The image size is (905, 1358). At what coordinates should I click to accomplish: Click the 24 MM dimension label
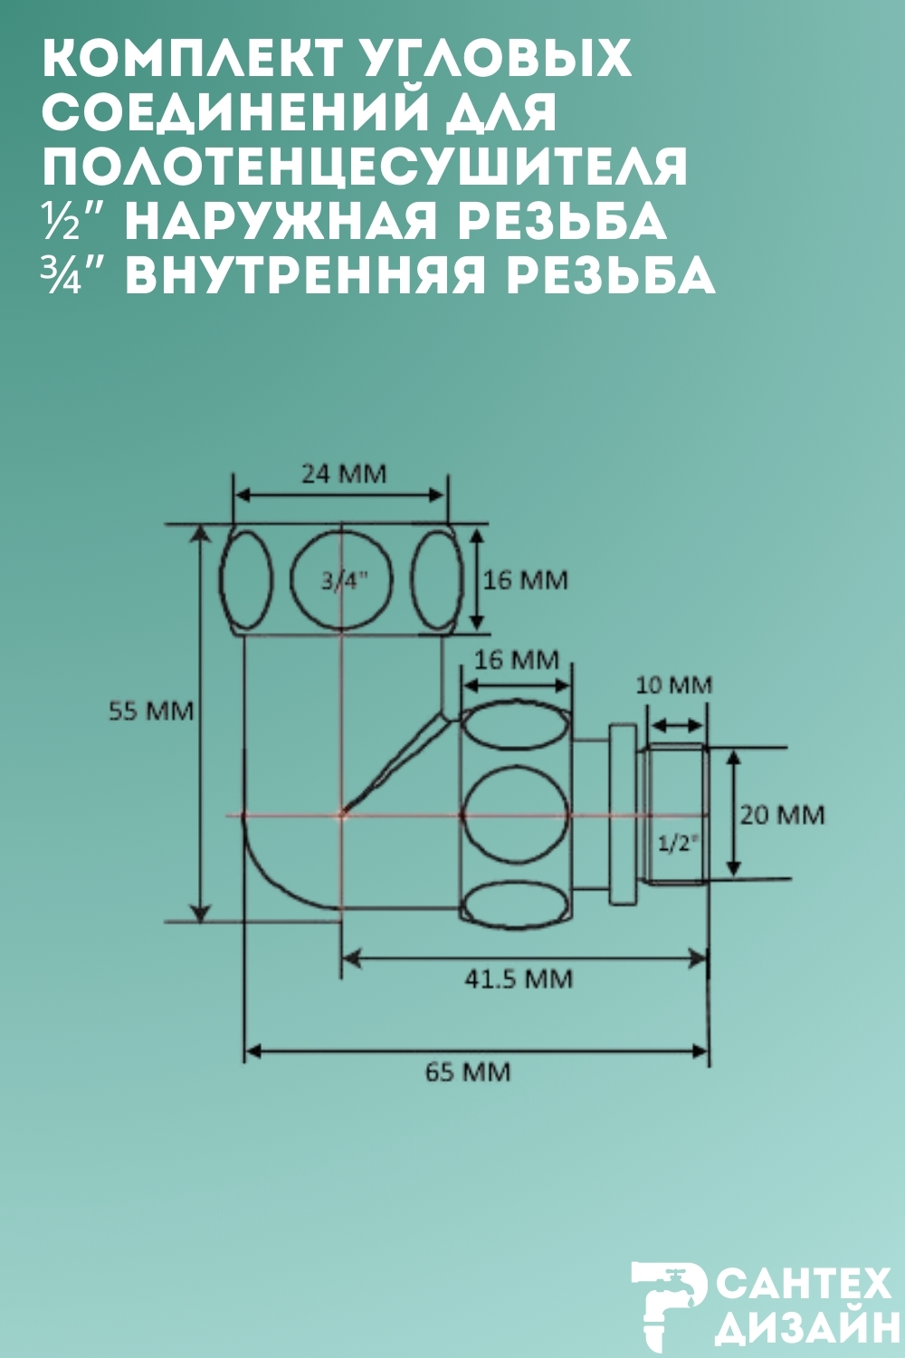343,473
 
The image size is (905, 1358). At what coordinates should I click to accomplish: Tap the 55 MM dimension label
151,711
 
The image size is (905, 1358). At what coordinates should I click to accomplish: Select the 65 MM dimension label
468,1072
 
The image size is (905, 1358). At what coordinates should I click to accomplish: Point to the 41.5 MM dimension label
519,979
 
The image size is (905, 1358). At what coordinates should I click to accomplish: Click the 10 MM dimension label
673,684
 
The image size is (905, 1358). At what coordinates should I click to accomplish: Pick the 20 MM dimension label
782,815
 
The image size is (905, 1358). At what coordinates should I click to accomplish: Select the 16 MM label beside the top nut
525,579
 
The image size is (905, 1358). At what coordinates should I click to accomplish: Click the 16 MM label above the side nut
517,659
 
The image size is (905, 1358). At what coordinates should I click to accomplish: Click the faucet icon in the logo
668,1301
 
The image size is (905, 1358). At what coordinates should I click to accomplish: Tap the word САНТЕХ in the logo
805,1285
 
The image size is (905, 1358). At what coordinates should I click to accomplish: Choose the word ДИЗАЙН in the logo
805,1331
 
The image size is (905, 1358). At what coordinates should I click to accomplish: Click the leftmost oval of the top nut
245,581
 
